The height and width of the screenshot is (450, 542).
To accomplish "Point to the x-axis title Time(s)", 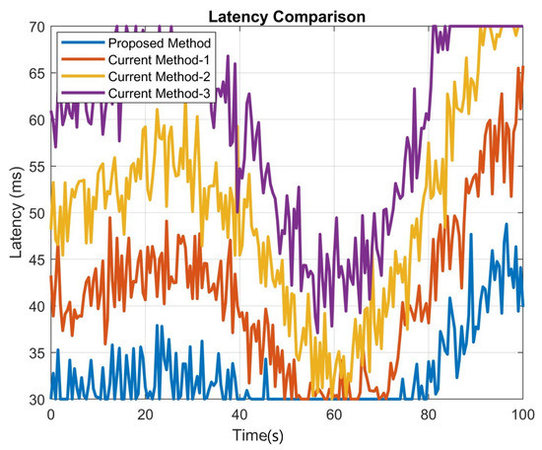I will coord(286,435).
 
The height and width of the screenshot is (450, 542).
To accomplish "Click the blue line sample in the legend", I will coord(78,43).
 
